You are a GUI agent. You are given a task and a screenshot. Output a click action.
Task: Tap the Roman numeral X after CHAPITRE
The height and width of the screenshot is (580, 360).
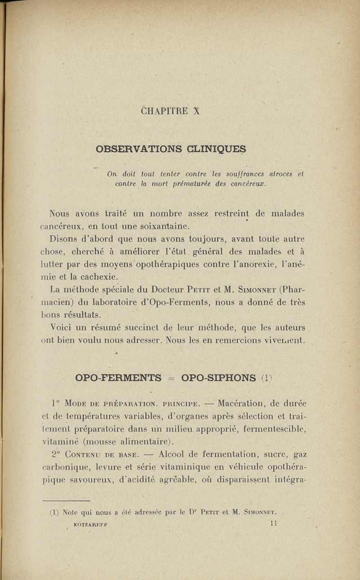pyautogui.click(x=196, y=111)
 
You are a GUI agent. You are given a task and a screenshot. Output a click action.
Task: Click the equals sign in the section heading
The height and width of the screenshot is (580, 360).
pyautogui.click(x=171, y=377)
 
